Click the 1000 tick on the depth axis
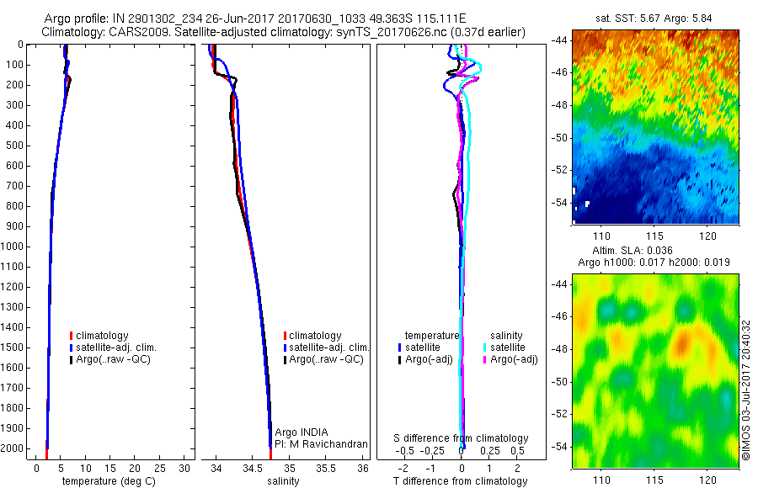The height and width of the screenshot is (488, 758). (x=13, y=247)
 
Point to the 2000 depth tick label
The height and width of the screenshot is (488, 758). (x=13, y=448)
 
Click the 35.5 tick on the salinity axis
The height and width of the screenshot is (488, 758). (x=326, y=467)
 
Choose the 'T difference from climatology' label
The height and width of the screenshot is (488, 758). (x=461, y=481)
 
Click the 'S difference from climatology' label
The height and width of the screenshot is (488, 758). (x=462, y=438)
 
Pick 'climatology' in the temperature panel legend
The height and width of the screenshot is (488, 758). (x=101, y=336)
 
